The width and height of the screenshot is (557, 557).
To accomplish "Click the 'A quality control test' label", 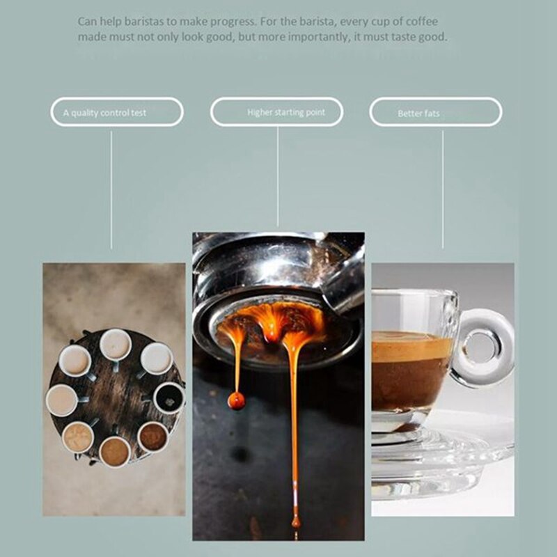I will pyautogui.click(x=104, y=112).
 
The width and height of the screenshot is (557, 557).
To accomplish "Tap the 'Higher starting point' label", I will pyautogui.click(x=285, y=111).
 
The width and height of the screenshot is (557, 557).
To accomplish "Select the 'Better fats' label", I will pyautogui.click(x=418, y=113).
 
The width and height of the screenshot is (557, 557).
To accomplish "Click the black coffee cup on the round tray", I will pyautogui.click(x=168, y=398).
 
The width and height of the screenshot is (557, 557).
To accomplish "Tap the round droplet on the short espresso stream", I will pyautogui.click(x=237, y=400).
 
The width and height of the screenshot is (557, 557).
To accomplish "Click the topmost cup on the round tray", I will pyautogui.click(x=115, y=344).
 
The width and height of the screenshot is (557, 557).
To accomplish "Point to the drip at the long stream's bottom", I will pyautogui.click(x=296, y=521).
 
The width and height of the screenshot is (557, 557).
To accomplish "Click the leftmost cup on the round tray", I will pyautogui.click(x=61, y=400).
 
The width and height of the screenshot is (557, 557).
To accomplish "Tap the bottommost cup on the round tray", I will pyautogui.click(x=115, y=452).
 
